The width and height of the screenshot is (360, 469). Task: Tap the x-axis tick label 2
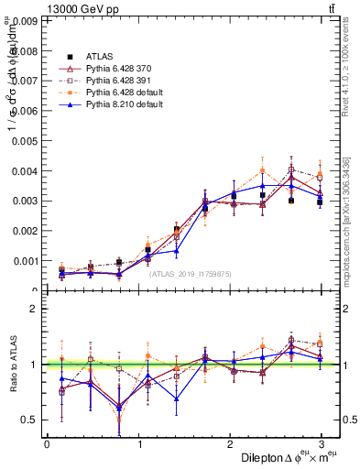230,444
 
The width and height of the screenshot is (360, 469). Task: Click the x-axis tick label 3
322,444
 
